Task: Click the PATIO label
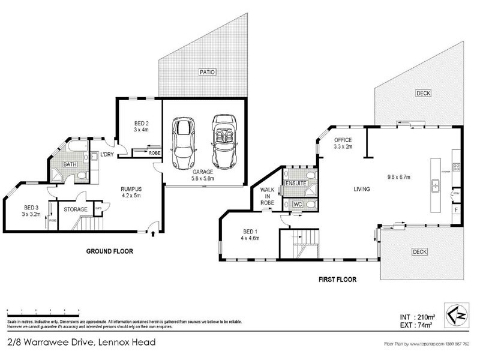(x=206, y=72)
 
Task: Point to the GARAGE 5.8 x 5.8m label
(x=204, y=175)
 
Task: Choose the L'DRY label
(x=107, y=155)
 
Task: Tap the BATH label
(x=71, y=164)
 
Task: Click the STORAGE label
(x=75, y=209)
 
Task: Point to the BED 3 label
(x=31, y=210)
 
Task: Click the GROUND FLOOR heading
(x=110, y=251)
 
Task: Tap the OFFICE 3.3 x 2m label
(x=343, y=143)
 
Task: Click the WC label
(x=297, y=205)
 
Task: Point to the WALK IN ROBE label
(x=268, y=197)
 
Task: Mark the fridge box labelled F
(x=457, y=211)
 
